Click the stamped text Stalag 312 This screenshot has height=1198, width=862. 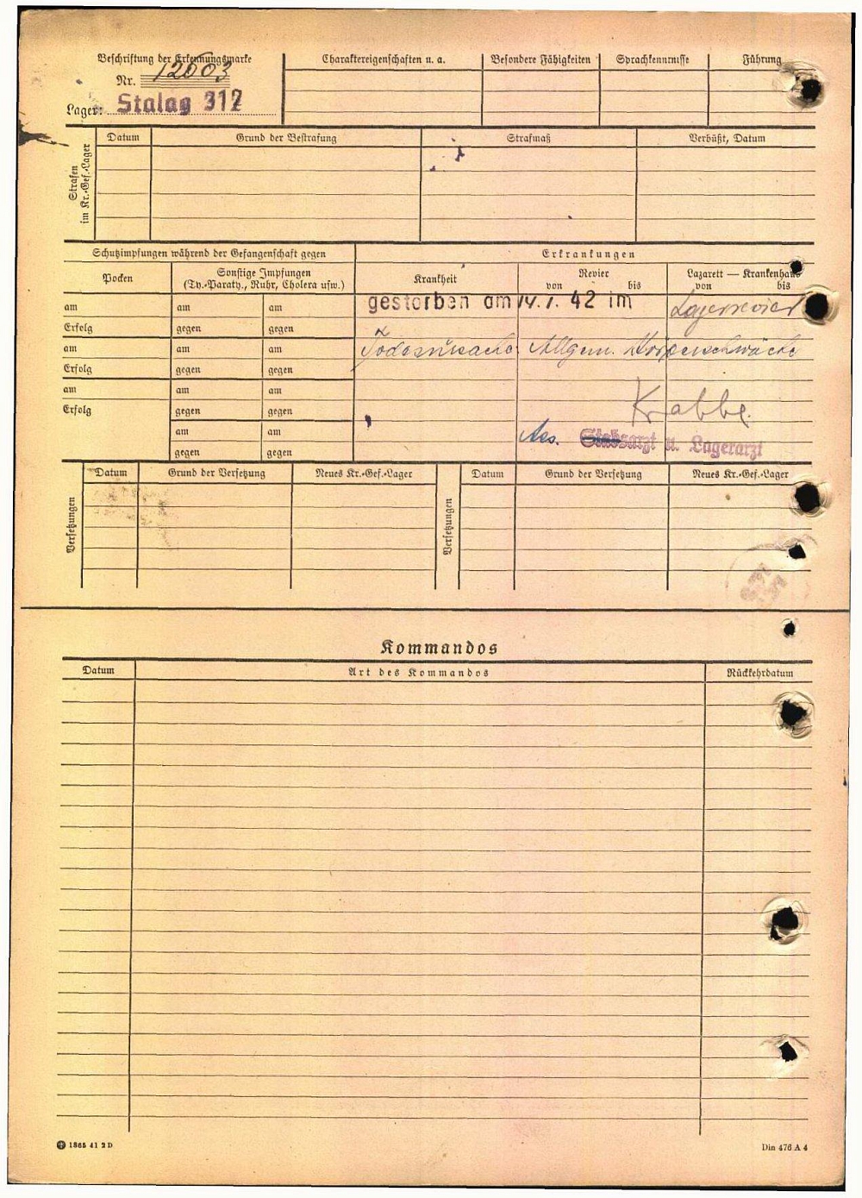click(x=179, y=103)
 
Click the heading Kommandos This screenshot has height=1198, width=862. click(x=439, y=648)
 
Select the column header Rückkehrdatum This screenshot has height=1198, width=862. click(x=759, y=673)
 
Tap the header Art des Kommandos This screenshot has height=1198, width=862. click(x=418, y=673)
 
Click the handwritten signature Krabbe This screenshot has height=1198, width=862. click(x=690, y=405)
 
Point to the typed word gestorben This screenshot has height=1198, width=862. click(x=419, y=302)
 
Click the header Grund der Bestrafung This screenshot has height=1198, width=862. click(x=285, y=138)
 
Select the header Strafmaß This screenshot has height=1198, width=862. click(x=528, y=138)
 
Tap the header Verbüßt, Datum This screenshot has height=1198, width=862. click(x=727, y=138)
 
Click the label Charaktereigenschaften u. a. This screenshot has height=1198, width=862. click(x=384, y=60)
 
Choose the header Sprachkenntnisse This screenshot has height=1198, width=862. click(x=653, y=60)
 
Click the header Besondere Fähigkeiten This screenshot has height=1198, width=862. click(x=540, y=60)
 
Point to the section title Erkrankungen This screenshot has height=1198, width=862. click(x=589, y=254)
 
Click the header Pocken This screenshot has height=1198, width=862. click(x=117, y=279)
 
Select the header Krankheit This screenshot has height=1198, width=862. click(x=435, y=279)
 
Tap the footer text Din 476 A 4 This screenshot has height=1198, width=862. click(x=784, y=1147)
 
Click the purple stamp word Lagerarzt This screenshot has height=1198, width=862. click(x=726, y=448)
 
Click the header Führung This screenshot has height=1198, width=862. click(x=762, y=60)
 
